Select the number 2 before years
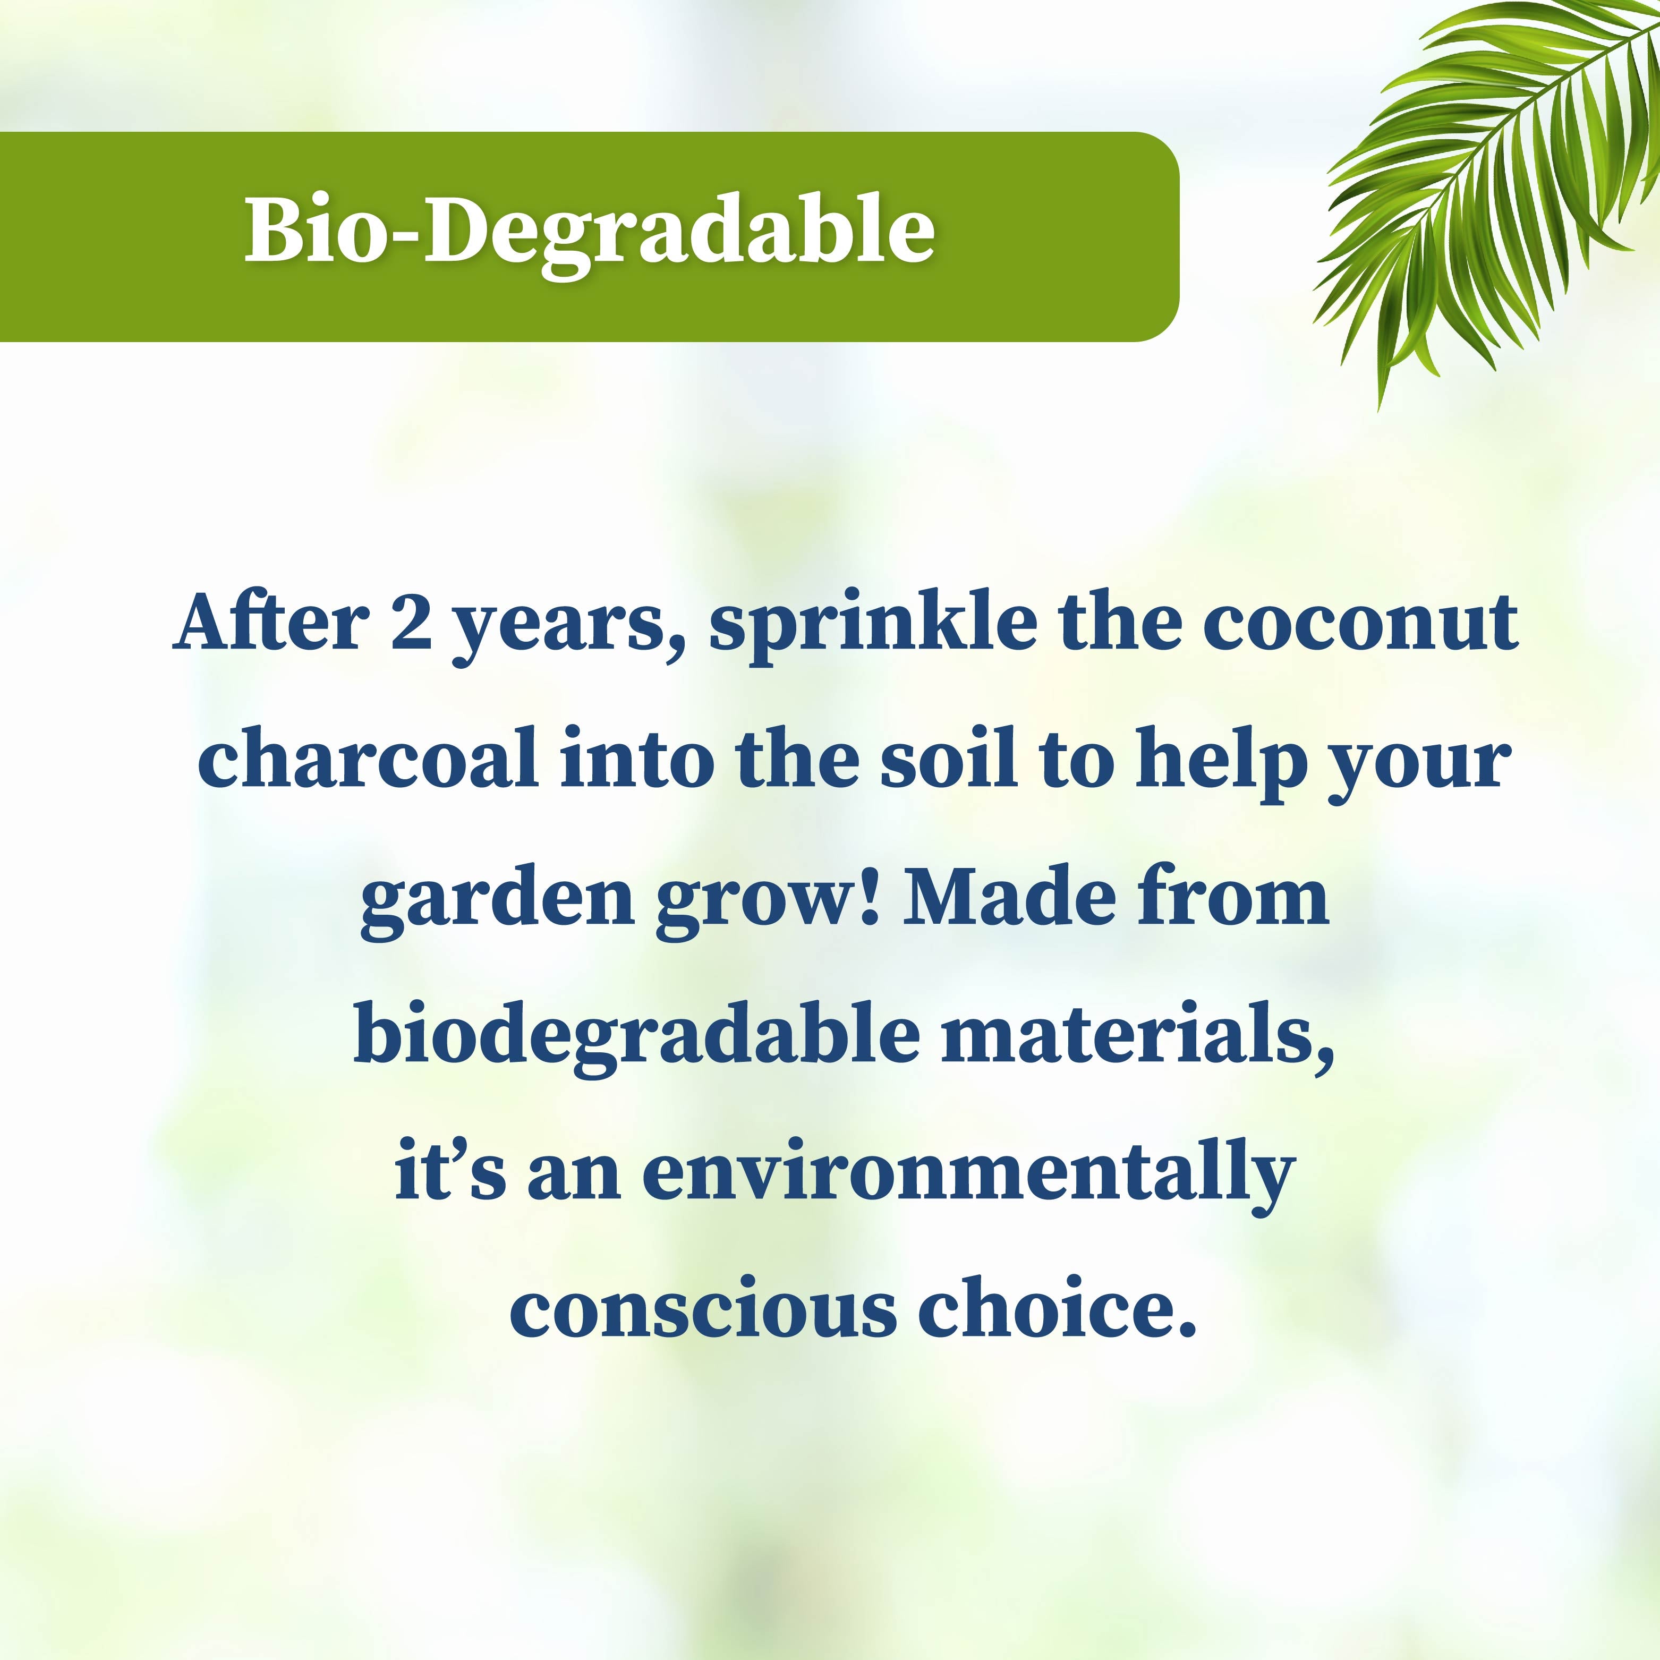coord(411,623)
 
